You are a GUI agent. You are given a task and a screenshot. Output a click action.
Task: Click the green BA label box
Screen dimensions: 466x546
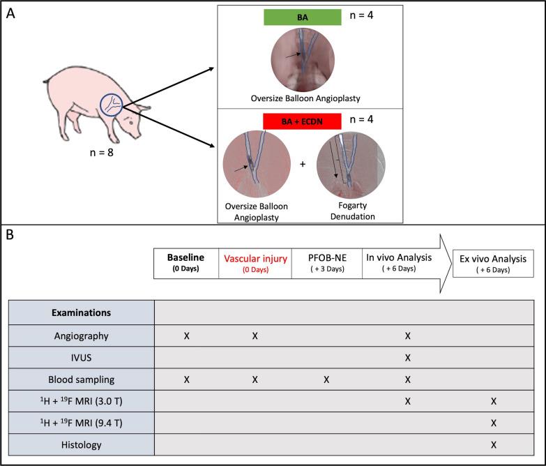point(302,17)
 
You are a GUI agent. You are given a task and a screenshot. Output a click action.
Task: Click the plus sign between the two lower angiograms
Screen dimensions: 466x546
point(302,165)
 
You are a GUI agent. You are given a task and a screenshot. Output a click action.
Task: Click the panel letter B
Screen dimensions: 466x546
point(10,235)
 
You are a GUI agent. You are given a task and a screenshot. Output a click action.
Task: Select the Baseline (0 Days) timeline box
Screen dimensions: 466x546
point(185,264)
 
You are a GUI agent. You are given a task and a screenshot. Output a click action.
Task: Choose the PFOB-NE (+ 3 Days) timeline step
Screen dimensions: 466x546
point(326,264)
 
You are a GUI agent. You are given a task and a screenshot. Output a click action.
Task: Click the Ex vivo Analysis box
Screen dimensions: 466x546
point(493,264)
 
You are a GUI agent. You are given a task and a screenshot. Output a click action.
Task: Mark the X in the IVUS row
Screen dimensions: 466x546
point(408,358)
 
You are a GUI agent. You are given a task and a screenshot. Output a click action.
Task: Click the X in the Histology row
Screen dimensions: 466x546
point(493,444)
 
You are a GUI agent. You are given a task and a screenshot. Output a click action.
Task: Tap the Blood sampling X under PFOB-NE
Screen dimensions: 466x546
point(325,379)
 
